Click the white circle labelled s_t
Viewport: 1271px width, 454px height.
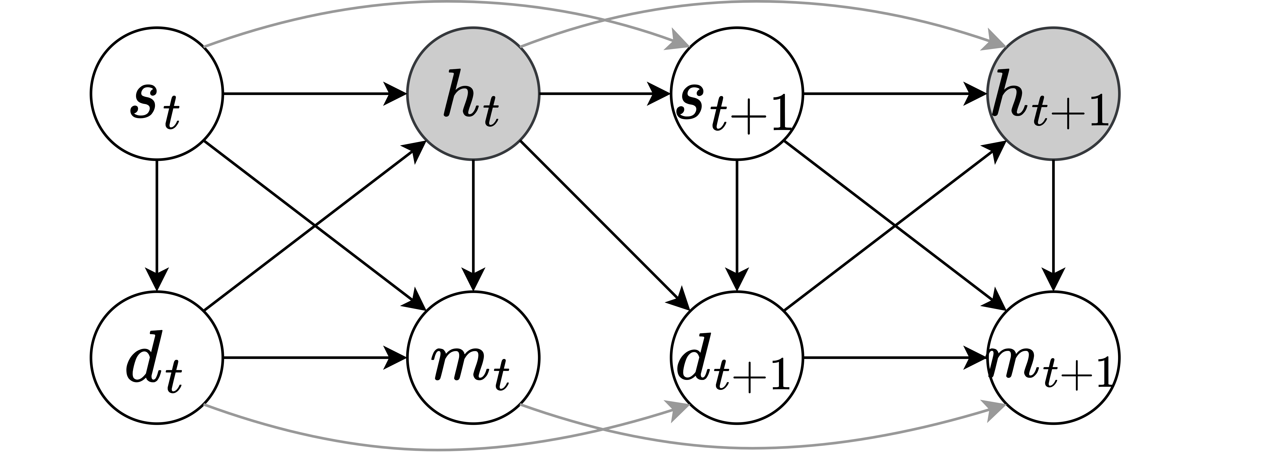[157, 94]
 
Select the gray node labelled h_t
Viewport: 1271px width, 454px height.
[473, 94]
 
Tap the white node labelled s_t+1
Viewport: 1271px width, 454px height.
[737, 94]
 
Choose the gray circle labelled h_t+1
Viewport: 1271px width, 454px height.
[1053, 94]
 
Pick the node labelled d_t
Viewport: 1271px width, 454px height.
[157, 358]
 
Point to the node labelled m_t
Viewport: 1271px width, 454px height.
[473, 358]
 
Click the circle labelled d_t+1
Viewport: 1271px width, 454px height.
[737, 358]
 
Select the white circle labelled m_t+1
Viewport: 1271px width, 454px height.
[1053, 358]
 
